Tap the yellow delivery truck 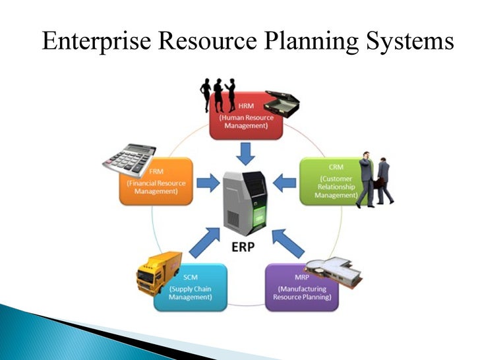click(158, 271)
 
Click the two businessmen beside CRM click(374, 181)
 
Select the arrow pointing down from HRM click(246, 154)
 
